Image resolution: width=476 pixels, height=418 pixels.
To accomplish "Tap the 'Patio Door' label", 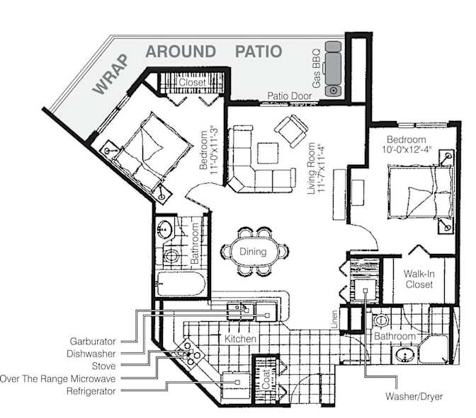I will (289, 96).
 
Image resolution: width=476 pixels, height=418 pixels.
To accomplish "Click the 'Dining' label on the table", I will (253, 251).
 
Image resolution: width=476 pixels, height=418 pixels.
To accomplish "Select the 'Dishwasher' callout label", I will (92, 353).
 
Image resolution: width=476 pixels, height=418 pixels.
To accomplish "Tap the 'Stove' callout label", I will (103, 366).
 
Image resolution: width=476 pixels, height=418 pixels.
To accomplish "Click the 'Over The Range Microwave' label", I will (57, 378).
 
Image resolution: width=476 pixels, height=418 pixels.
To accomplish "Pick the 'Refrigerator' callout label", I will (90, 391).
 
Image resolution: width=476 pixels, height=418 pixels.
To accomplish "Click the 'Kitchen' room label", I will (240, 339).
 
